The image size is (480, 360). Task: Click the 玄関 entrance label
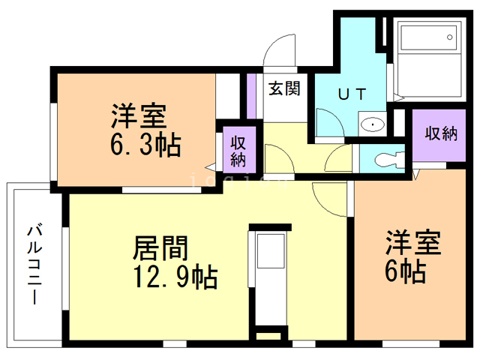tap(285, 88)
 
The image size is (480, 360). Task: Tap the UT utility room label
tap(351, 94)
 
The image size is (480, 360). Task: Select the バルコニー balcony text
tap(34, 262)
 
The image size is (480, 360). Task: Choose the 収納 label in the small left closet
tap(238, 150)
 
